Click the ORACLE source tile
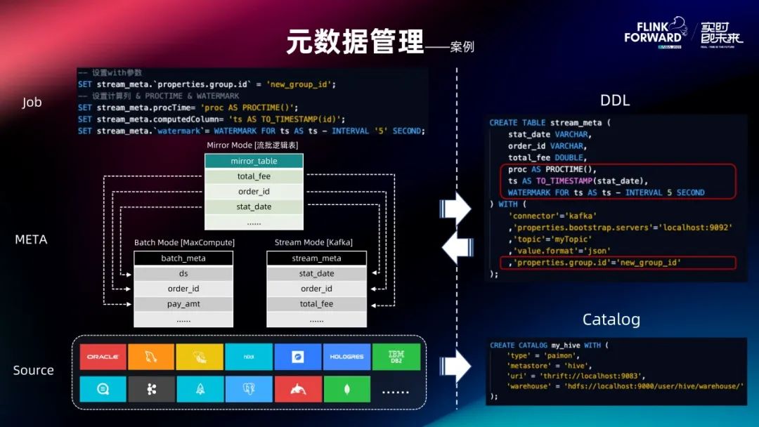(103, 357)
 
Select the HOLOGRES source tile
(346, 357)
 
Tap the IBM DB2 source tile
(396, 357)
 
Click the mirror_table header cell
(254, 162)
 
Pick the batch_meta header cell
(183, 258)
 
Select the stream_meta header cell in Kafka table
(316, 258)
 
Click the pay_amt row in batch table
(183, 304)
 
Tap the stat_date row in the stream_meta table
(316, 274)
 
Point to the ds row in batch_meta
(183, 274)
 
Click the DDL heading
(614, 100)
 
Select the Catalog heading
(611, 320)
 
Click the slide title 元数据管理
(355, 42)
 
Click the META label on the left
(31, 239)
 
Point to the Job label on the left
(32, 103)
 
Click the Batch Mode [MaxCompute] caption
(184, 242)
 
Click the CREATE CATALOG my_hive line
(549, 345)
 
